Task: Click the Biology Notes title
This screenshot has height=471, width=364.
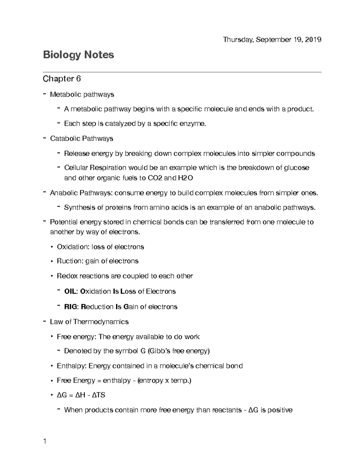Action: point(79,55)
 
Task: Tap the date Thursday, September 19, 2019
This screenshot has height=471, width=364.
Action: point(272,40)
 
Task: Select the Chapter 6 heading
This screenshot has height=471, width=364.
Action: point(62,79)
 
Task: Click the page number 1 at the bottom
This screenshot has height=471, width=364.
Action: point(45,441)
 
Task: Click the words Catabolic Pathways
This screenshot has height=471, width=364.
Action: point(82,139)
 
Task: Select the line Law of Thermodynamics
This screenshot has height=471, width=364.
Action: point(89,322)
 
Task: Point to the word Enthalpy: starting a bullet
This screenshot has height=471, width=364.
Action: point(72,366)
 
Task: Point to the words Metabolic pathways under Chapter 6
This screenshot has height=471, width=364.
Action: point(82,95)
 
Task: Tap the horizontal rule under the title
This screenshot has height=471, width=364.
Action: point(182,72)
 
